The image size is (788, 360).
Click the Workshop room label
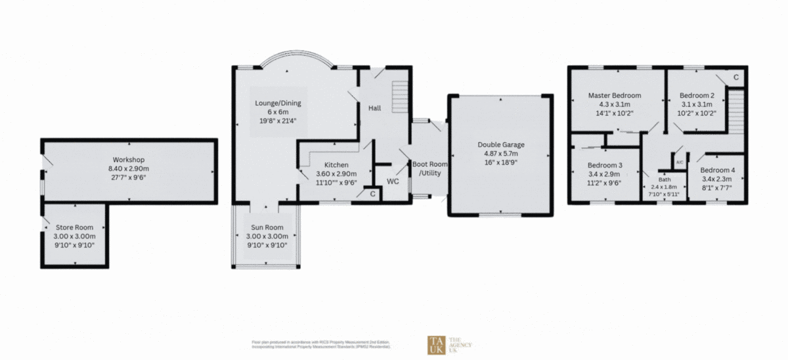tap(129, 160)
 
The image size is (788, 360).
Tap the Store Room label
tap(74, 227)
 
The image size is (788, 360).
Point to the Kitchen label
tap(336, 165)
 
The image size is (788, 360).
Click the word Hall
tap(374, 108)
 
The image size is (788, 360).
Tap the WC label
tap(393, 181)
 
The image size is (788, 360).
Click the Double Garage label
tap(500, 145)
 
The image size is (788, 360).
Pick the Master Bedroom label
tap(614, 95)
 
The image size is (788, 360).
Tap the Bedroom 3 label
tap(605, 165)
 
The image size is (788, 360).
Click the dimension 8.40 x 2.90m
tap(129, 169)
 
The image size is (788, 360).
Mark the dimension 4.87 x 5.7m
tap(500, 153)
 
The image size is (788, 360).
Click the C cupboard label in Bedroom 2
tap(735, 78)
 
